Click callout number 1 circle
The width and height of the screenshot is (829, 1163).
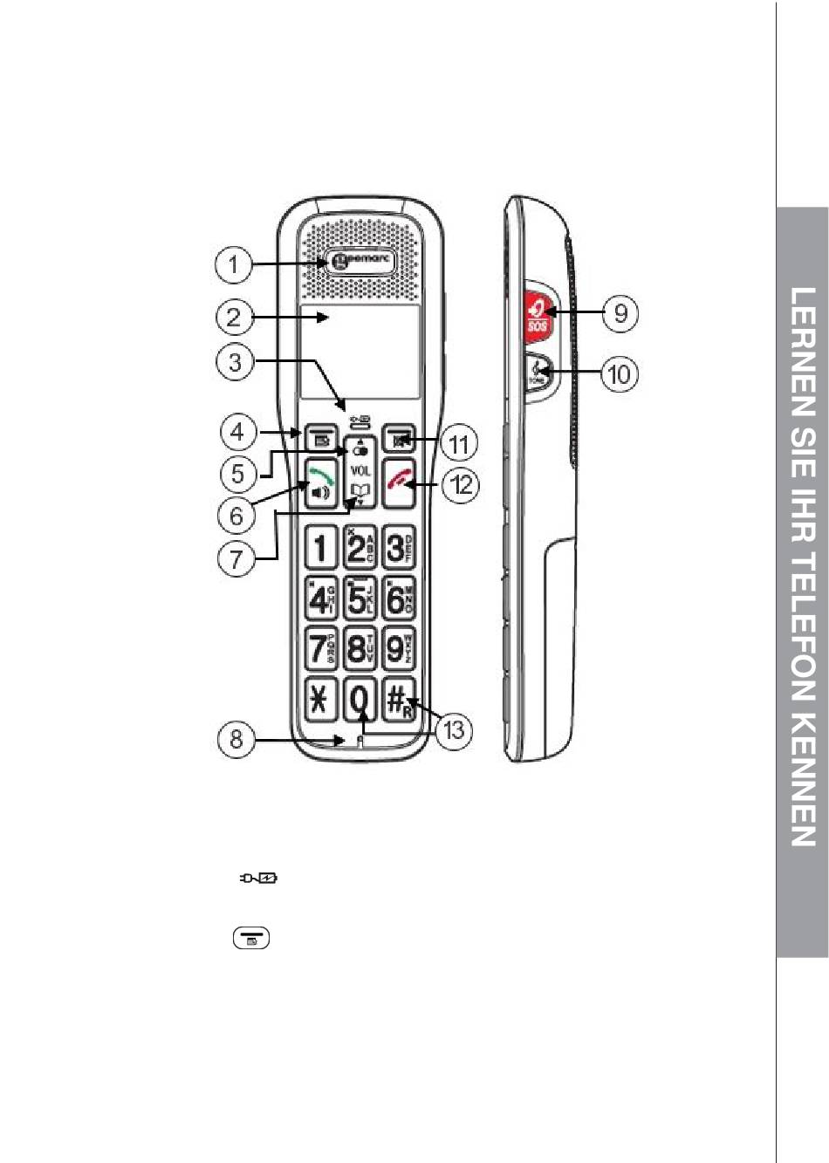click(234, 264)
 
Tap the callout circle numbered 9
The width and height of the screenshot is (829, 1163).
click(620, 312)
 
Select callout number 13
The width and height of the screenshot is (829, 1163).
click(456, 729)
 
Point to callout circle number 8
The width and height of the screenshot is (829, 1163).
click(236, 740)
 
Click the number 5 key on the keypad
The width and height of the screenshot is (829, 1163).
click(360, 599)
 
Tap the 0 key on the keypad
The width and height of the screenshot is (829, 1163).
click(360, 700)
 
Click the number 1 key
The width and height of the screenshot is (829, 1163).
click(320, 549)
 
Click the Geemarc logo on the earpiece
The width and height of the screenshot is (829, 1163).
click(360, 261)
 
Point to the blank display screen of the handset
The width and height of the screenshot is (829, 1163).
click(360, 352)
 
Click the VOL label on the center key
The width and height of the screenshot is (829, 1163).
click(360, 470)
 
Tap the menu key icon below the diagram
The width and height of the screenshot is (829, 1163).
click(250, 939)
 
